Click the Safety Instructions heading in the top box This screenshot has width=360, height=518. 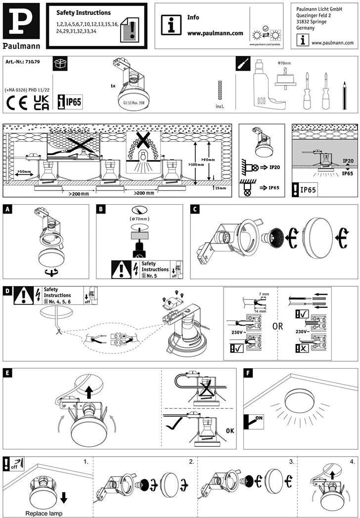(x=84, y=13)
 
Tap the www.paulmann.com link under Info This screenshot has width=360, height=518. (x=215, y=33)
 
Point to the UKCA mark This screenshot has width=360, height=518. (x=41, y=102)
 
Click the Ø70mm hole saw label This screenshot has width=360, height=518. (x=284, y=64)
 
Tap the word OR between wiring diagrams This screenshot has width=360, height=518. (x=278, y=326)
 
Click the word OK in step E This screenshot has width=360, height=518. (x=230, y=431)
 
